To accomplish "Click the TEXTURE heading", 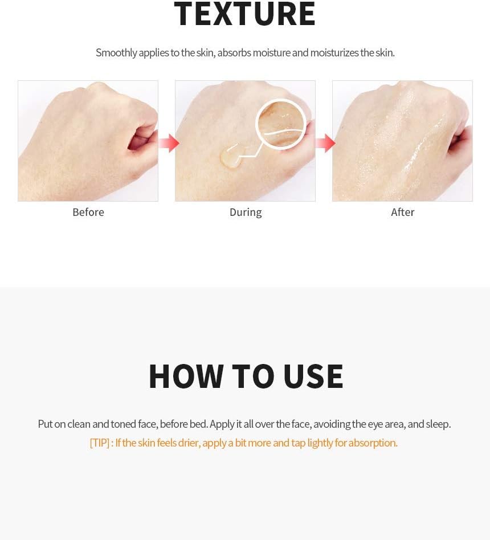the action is [244, 14].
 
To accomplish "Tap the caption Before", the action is [88, 212].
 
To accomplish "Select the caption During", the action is [246, 212].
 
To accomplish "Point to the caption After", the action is [402, 212].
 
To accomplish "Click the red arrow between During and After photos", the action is [326, 143].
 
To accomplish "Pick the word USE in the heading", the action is [313, 376].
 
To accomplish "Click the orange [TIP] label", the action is [100, 443].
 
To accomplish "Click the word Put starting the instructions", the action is [46, 424].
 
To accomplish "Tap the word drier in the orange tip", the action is [189, 443].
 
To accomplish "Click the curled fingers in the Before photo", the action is [142, 138].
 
